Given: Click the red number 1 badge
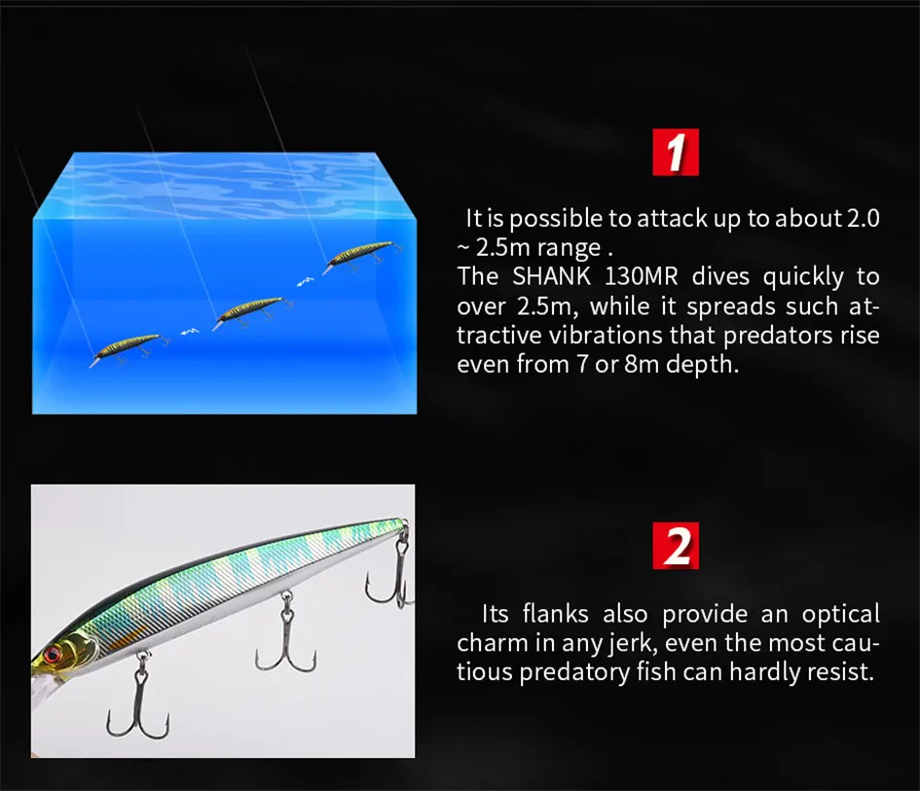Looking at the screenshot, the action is [x=676, y=152].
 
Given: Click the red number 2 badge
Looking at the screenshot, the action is [x=676, y=545].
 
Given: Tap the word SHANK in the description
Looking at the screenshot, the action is [x=552, y=276].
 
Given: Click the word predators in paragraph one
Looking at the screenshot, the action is [x=779, y=336].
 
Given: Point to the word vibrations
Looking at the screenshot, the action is [x=607, y=335].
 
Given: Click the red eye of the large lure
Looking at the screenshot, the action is [x=53, y=653].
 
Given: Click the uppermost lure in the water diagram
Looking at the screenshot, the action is [x=360, y=256].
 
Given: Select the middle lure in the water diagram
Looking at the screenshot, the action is [x=251, y=311].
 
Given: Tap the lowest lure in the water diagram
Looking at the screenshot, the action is [x=129, y=349].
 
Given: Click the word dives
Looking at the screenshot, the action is [x=720, y=276].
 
